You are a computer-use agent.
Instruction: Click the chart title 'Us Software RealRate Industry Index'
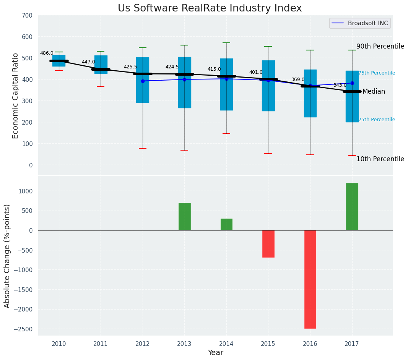coord(210,8)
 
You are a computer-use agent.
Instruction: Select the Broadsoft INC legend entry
coord(360,23)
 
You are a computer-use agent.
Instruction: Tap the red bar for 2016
coord(310,279)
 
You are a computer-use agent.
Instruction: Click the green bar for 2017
coord(352,207)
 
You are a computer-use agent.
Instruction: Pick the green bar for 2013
coord(184,217)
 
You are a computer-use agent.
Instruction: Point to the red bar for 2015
coord(268,244)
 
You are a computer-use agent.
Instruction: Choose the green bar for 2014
coord(226,224)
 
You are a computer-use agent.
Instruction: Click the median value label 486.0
coord(47,53)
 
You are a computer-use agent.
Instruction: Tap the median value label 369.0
coord(298,79)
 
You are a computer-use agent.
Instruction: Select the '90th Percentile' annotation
coord(380,46)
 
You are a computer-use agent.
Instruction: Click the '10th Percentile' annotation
coord(380,159)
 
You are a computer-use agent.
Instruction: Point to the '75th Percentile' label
coord(377,73)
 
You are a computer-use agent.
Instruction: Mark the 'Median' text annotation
coord(374,92)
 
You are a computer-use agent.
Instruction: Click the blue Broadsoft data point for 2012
coord(143,81)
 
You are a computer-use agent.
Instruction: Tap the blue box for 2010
coord(59,61)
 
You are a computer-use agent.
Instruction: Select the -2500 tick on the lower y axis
coord(23,329)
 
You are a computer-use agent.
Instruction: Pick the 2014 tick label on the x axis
coord(226,344)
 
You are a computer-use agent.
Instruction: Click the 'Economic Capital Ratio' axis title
coord(16,96)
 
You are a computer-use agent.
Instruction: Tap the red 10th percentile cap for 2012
coord(143,148)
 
